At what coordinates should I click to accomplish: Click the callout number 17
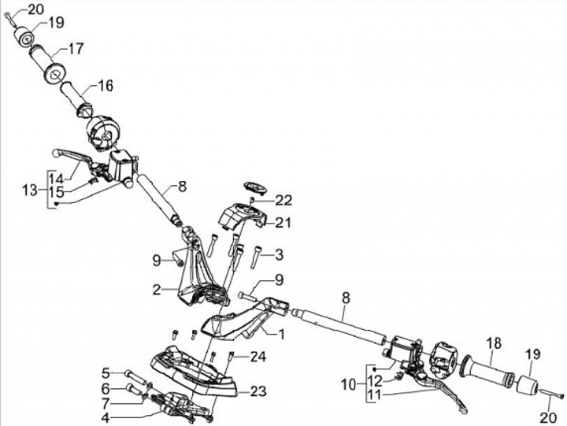coord(76,49)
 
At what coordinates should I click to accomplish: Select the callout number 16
coord(106,85)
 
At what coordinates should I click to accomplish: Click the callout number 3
coord(278,254)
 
